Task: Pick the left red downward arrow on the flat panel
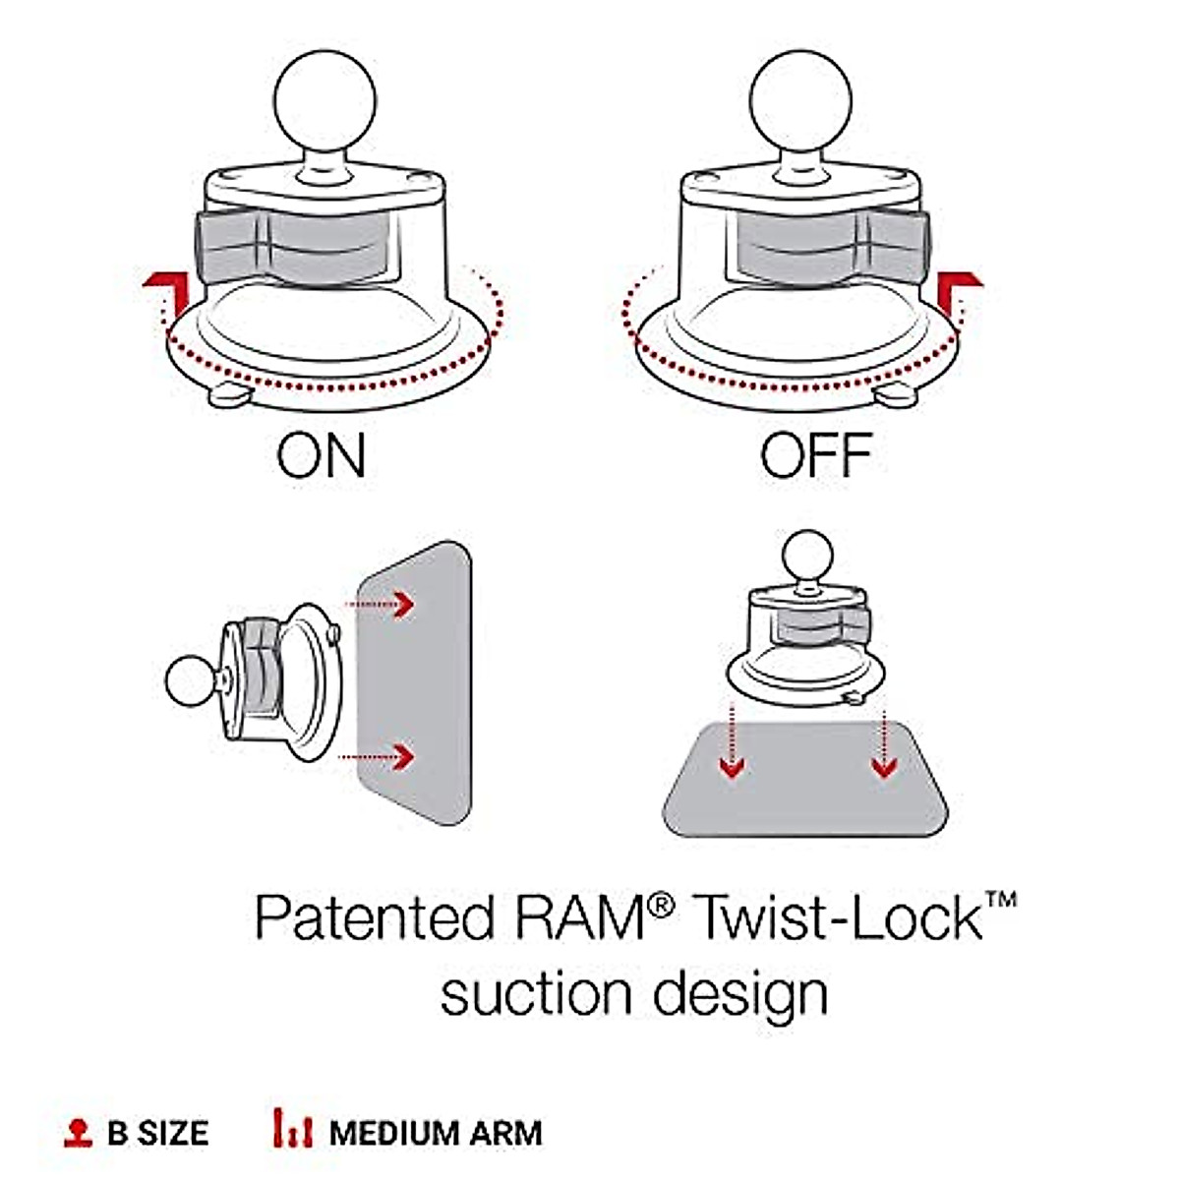click(730, 766)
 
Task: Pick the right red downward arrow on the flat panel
click(885, 766)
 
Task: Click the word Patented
click(374, 917)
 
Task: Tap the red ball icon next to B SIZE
click(78, 1132)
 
